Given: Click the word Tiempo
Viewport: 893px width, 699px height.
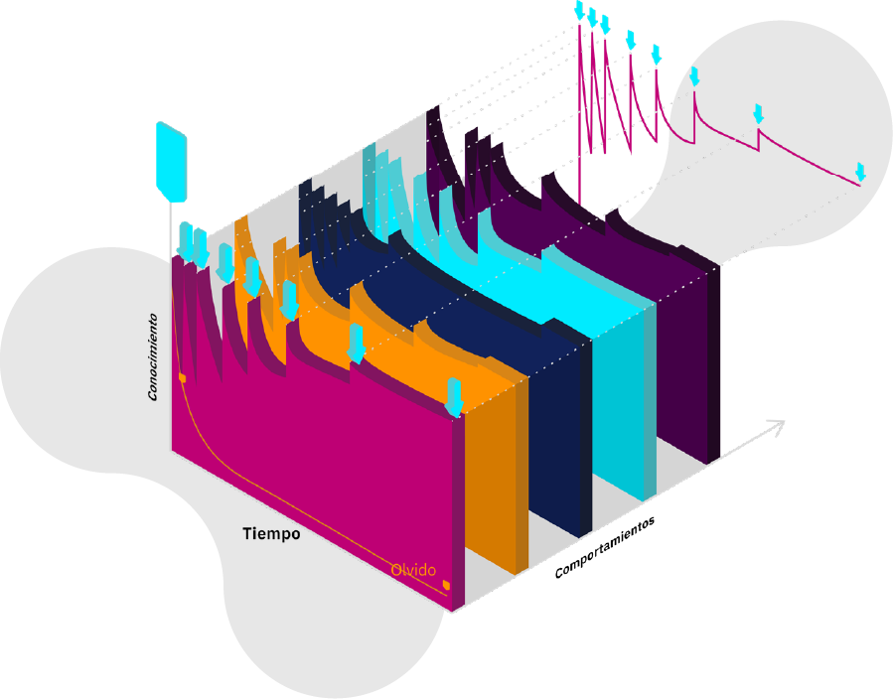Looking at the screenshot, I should tap(271, 533).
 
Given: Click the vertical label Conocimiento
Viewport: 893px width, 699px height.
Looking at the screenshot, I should tap(153, 357).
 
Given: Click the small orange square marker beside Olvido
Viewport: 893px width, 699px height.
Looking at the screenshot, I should tap(446, 584).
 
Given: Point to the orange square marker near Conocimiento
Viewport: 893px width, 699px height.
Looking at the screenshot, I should tap(182, 377).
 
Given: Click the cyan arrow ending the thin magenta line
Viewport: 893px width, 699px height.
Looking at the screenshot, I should tap(860, 172).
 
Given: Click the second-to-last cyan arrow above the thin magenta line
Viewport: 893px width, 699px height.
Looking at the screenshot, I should tap(759, 113).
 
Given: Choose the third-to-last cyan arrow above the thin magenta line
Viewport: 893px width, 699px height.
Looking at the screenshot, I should tap(694, 75).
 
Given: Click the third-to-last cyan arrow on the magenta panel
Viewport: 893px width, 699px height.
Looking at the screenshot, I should tap(289, 299).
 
